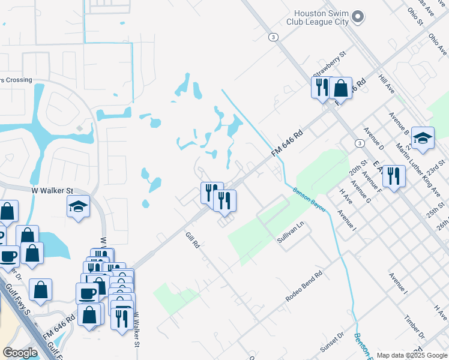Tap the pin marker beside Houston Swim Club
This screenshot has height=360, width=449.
click(358, 17)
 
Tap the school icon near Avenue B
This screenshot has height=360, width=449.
click(423, 138)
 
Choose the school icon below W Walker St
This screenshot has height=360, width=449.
click(78, 207)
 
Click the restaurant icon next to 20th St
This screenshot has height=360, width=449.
click(394, 176)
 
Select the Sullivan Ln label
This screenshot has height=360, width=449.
click(291, 230)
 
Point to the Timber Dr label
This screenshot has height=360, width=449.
click(415, 327)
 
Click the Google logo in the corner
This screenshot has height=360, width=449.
click(20, 353)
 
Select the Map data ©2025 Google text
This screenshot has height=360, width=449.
click(412, 355)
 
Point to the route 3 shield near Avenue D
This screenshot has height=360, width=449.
click(358, 143)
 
